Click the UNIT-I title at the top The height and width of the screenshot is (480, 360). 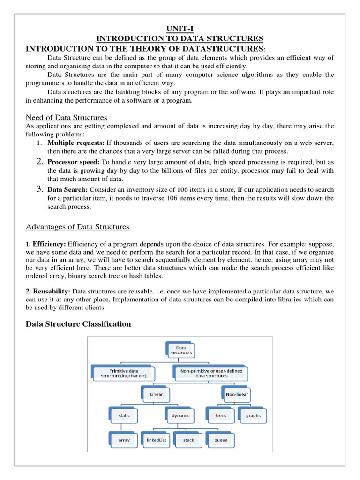click(x=180, y=29)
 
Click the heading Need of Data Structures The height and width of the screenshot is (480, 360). click(x=67, y=117)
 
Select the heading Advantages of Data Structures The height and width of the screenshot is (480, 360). click(x=77, y=227)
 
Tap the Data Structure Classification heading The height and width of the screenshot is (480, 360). click(x=78, y=324)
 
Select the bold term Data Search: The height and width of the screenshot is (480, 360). click(x=67, y=189)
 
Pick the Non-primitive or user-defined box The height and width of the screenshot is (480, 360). click(x=211, y=373)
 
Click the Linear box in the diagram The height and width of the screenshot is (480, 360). click(x=156, y=394)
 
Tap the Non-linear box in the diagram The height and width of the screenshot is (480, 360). click(x=237, y=394)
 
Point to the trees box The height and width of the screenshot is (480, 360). click(x=221, y=415)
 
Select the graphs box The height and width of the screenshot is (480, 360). click(x=253, y=415)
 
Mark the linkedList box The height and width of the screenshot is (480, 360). click(x=157, y=440)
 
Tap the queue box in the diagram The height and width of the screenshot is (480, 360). click(x=221, y=440)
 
